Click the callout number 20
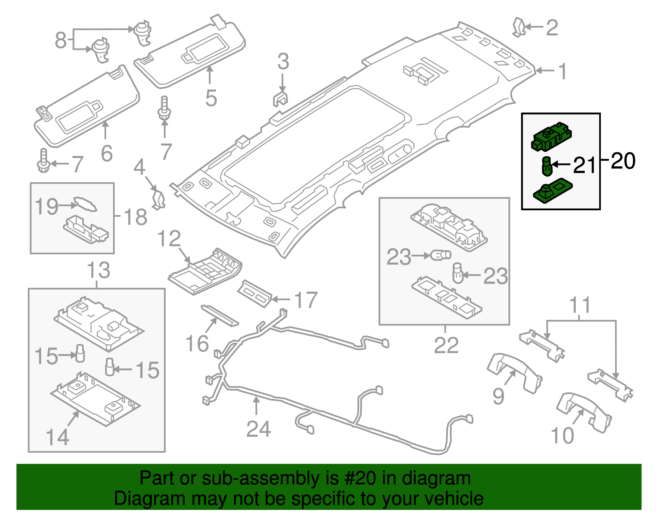click(623, 161)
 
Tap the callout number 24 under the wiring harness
click(258, 429)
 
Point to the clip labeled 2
click(519, 27)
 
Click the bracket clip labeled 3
click(280, 100)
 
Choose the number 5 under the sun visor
click(211, 99)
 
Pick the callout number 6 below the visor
click(107, 154)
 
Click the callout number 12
click(169, 239)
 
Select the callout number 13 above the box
click(99, 270)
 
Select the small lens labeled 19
click(85, 204)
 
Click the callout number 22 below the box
click(446, 345)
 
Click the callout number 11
click(580, 305)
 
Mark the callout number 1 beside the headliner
click(563, 71)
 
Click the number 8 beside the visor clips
click(60, 40)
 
